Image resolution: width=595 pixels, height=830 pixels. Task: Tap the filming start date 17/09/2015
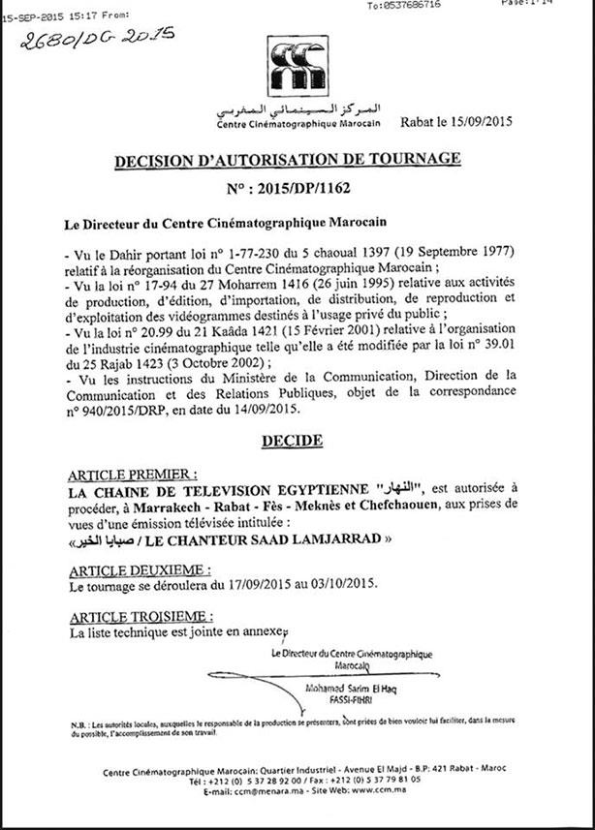[266, 587]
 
